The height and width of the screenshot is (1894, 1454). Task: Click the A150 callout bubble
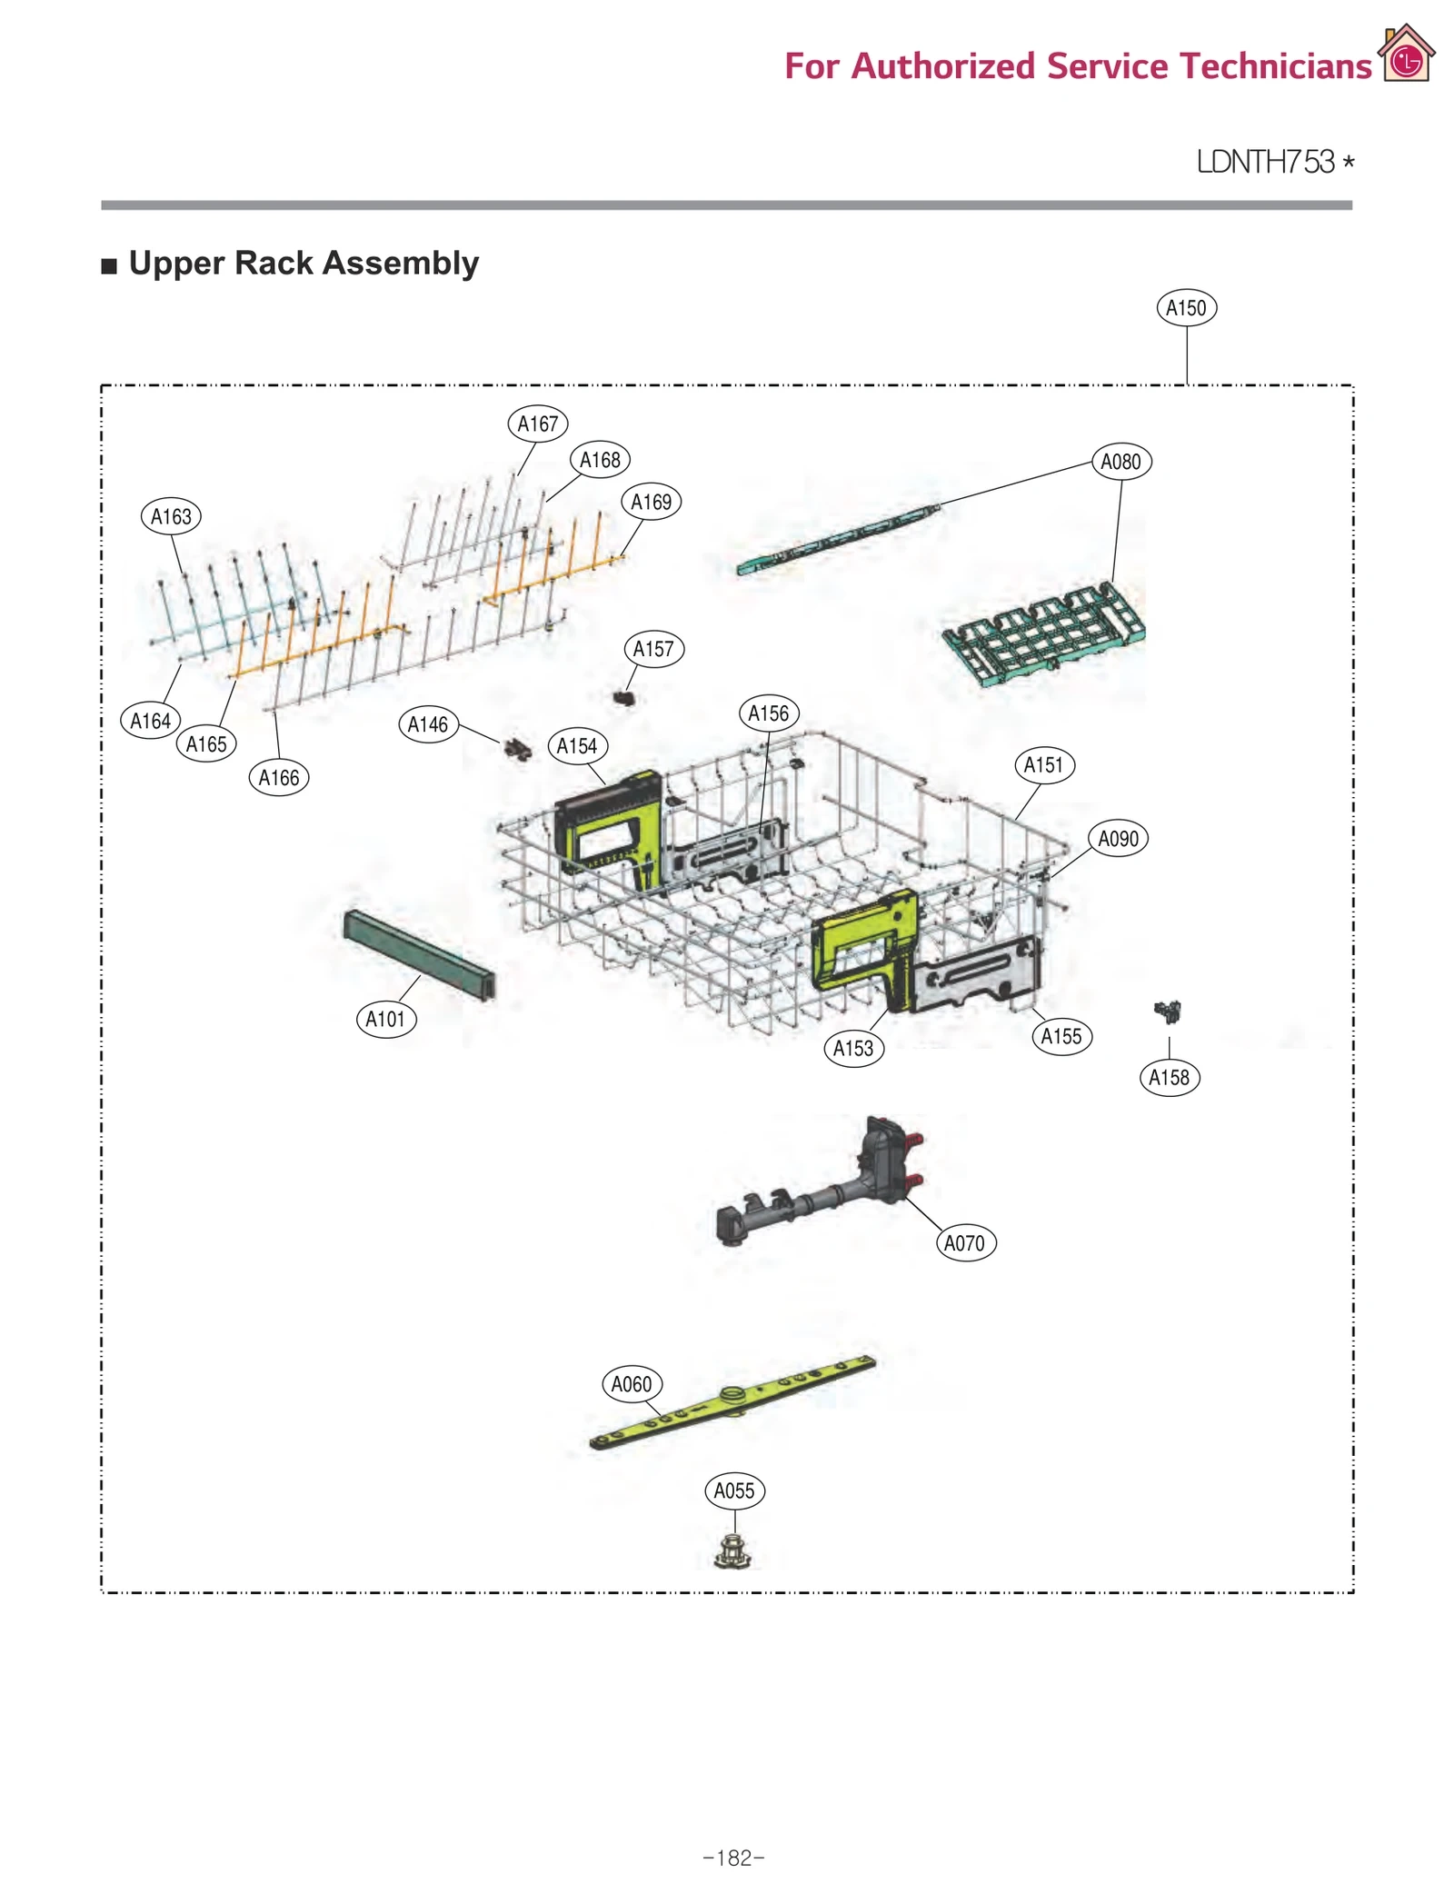pyautogui.click(x=1185, y=308)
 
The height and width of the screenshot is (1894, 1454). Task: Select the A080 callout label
pyautogui.click(x=1120, y=462)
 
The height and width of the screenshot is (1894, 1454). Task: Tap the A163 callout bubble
pyautogui.click(x=171, y=516)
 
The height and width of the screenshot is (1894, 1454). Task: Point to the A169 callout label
pyautogui.click(x=651, y=502)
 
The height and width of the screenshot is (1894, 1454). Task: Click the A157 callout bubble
pyautogui.click(x=653, y=649)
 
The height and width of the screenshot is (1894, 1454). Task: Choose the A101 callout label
pyautogui.click(x=385, y=1019)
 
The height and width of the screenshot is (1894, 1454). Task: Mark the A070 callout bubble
pyautogui.click(x=964, y=1242)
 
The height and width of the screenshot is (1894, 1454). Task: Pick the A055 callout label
pyautogui.click(x=734, y=1490)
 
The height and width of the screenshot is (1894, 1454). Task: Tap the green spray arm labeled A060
pyautogui.click(x=732, y=1401)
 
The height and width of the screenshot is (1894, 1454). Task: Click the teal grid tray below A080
pyautogui.click(x=1043, y=632)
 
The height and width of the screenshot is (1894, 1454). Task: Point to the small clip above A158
pyautogui.click(x=1168, y=1011)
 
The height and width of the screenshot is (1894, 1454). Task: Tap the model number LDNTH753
pyautogui.click(x=1265, y=162)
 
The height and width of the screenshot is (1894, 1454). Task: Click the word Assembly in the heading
pyautogui.click(x=400, y=263)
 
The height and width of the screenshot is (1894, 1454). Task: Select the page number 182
pyautogui.click(x=733, y=1858)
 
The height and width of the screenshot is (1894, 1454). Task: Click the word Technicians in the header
pyautogui.click(x=1275, y=66)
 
